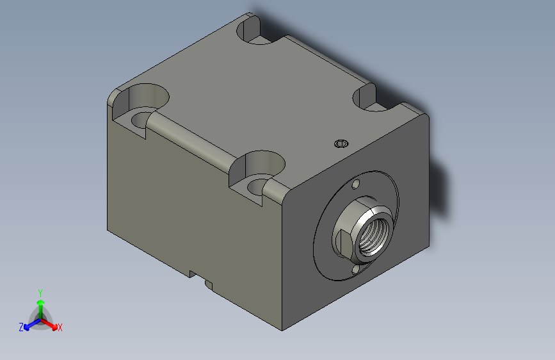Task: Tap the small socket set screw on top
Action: (341, 143)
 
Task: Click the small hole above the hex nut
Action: (356, 184)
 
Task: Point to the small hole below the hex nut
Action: (356, 270)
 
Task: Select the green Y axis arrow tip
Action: (40, 302)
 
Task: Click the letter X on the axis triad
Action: (60, 327)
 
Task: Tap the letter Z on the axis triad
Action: (21, 327)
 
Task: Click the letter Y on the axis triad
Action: (40, 293)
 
